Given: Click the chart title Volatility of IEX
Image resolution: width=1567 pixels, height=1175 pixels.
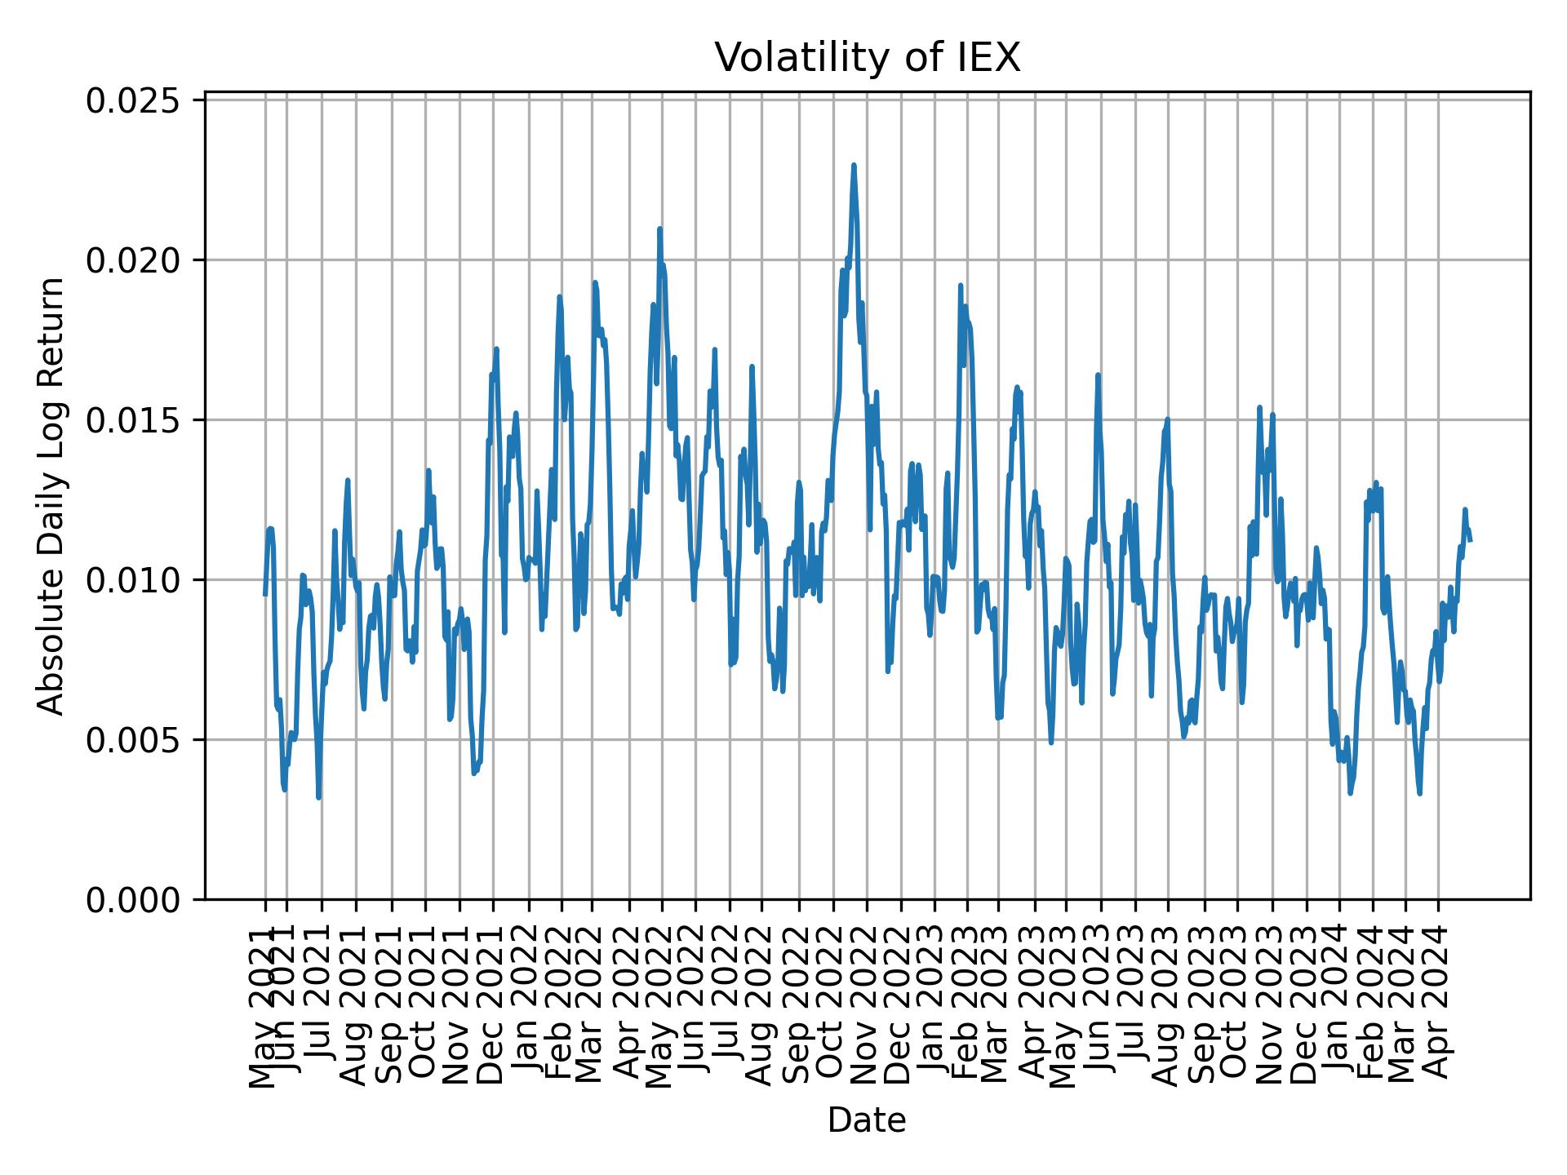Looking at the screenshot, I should pos(867,58).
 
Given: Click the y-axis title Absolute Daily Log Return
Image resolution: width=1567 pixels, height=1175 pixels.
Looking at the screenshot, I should pos(52,495).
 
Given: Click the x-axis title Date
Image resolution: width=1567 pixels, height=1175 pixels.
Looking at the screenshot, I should pos(867,1120).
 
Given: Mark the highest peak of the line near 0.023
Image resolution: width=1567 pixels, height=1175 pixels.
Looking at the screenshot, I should pos(854,165).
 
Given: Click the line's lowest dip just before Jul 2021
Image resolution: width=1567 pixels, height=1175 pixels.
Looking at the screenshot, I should pos(318,797).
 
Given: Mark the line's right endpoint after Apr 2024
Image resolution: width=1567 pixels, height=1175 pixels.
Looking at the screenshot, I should pos(1470,540).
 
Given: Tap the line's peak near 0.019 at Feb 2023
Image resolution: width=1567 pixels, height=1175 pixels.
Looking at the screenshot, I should pos(961,286).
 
